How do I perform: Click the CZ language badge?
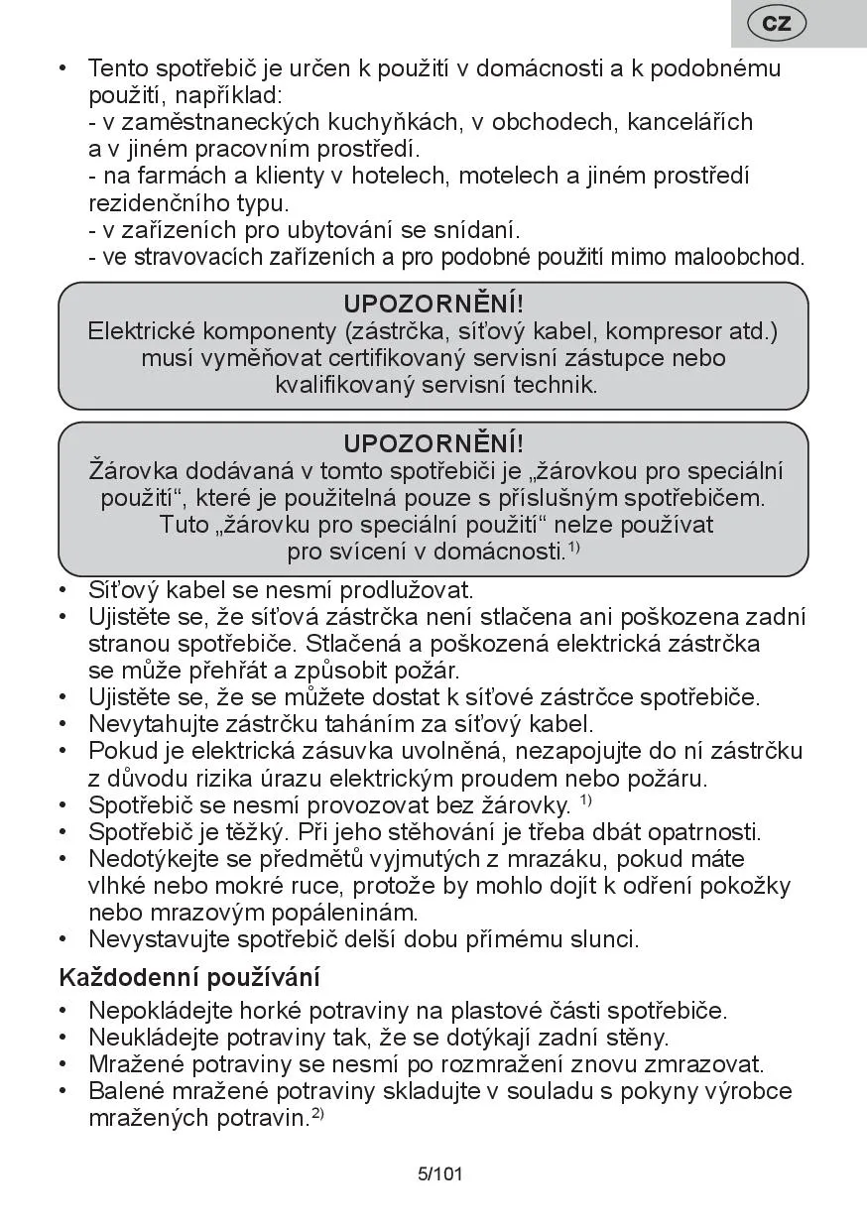777,23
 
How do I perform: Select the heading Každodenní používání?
189,977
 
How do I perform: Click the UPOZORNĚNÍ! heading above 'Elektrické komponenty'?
433,304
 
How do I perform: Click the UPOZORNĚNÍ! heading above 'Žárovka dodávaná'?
433,443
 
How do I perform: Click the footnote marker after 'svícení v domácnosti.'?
574,547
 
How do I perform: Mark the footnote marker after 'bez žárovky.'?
586,800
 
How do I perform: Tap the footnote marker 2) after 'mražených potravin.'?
318,1114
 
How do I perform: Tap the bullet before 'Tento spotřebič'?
63,68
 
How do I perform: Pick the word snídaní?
472,230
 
